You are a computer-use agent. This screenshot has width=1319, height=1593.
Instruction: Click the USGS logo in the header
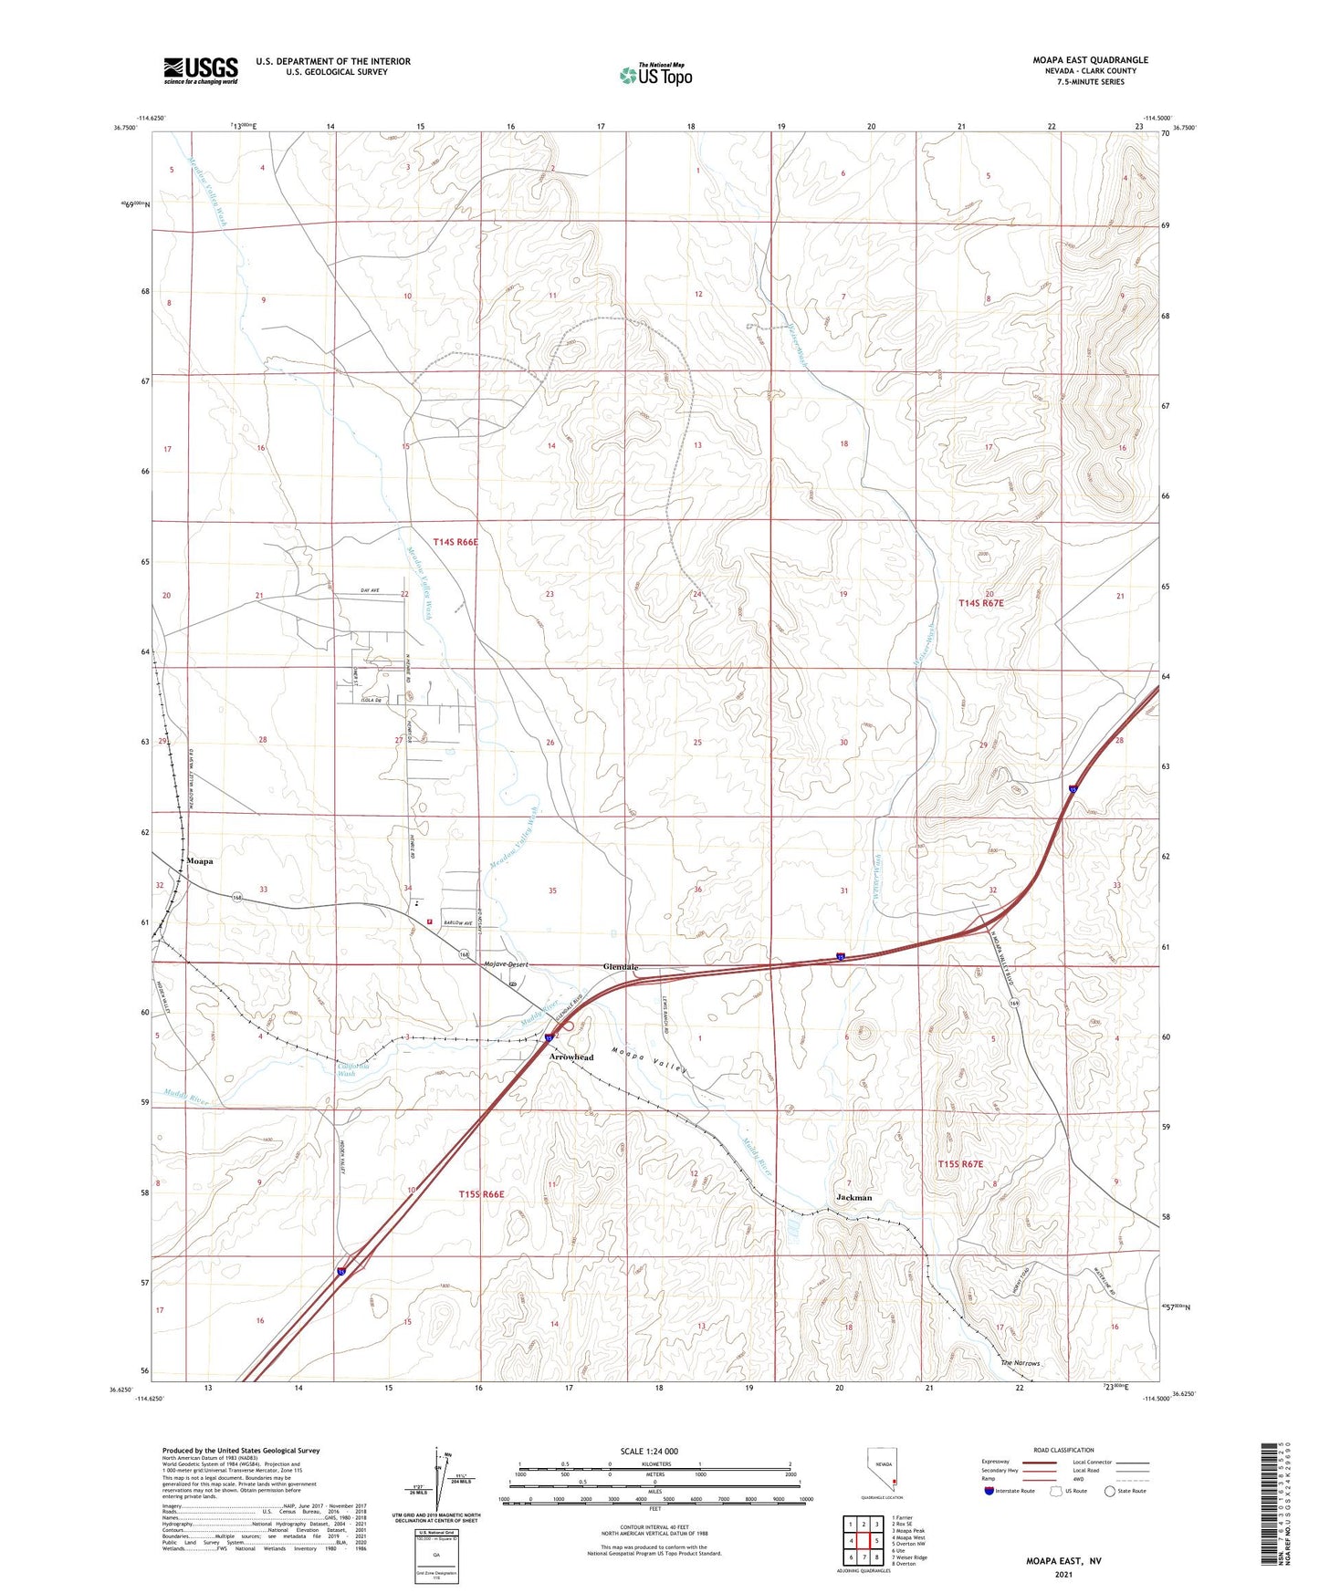click(201, 69)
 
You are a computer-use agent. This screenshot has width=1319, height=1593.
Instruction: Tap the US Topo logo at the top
click(656, 75)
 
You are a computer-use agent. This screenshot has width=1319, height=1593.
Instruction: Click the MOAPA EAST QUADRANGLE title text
click(1090, 60)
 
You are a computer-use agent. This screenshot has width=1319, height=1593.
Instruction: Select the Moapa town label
click(199, 861)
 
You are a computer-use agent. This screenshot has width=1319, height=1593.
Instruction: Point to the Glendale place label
click(621, 967)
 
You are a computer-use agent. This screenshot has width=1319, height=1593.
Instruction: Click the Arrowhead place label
click(571, 1057)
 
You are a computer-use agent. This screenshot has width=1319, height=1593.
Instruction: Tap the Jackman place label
click(854, 1197)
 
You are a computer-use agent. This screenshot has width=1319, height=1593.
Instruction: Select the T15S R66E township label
click(481, 1193)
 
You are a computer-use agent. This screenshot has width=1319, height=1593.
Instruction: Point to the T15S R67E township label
click(960, 1164)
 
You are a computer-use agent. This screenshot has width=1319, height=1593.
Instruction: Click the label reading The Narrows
click(1020, 1363)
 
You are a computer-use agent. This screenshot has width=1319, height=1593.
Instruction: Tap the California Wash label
click(353, 1070)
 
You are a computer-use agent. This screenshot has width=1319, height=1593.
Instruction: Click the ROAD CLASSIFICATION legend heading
click(1063, 1450)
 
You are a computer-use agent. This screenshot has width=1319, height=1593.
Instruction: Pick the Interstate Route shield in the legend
click(990, 1492)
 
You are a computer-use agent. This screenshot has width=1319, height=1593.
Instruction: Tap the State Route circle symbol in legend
click(1110, 1492)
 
